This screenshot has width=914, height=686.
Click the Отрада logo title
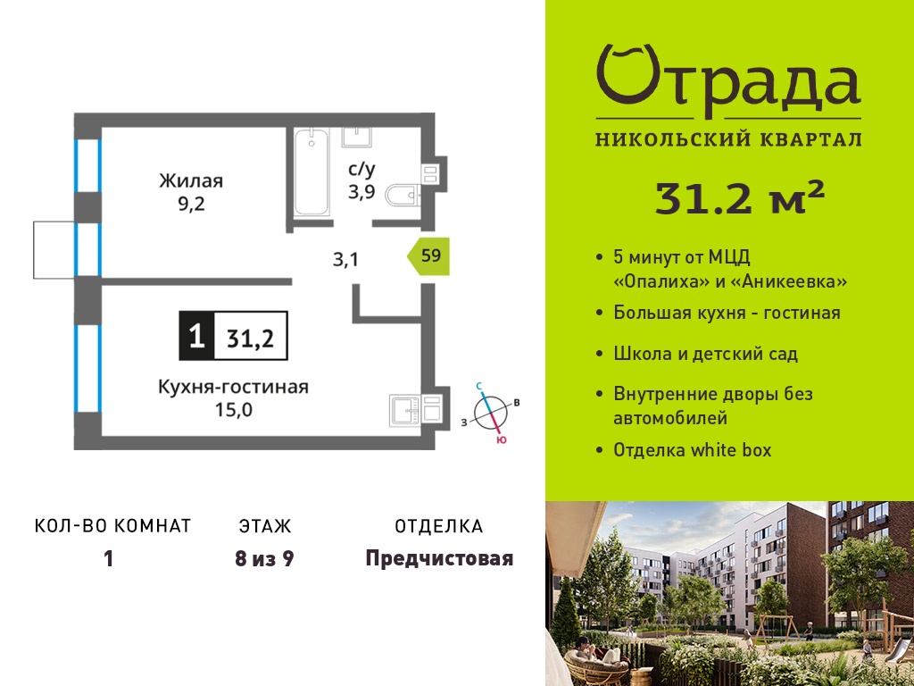728,81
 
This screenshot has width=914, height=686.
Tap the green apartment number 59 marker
429,256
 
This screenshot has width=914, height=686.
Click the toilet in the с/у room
403,195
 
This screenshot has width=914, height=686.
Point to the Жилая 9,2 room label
191,192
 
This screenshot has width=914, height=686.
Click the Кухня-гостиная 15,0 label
233,397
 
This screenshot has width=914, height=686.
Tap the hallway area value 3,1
345,259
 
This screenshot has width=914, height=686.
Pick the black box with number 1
197,336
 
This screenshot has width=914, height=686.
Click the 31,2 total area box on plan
251,336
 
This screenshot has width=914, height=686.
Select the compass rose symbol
491,412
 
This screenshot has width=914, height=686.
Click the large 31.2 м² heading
740,197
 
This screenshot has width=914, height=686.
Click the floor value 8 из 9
264,559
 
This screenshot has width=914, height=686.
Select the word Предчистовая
439,559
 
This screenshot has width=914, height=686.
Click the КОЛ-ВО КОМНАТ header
113,526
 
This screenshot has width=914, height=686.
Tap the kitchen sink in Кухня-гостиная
406,411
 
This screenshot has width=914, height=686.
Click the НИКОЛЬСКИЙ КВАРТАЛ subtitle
728,138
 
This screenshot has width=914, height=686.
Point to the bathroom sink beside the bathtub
355,137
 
